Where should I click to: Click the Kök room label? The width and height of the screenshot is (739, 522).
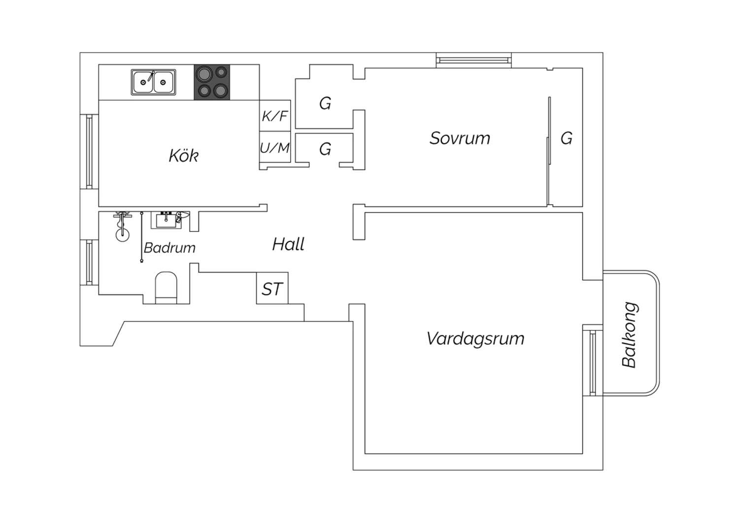pos(183,155)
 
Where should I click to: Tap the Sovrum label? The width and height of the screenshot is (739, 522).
pos(460,138)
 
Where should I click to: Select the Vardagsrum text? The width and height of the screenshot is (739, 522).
pos(475,339)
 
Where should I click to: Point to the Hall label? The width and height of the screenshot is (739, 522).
pos(288,244)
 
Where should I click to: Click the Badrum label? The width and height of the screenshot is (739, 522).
pos(169,248)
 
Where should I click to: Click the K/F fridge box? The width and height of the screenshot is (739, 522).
pos(275,115)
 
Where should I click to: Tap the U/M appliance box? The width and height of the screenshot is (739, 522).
pos(275,147)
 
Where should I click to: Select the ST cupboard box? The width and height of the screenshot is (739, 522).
pos(272,288)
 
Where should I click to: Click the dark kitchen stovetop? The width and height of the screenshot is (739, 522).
pos(212,82)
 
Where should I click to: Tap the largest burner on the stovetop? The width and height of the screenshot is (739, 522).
pos(204,74)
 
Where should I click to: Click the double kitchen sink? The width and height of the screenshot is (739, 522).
pos(153,82)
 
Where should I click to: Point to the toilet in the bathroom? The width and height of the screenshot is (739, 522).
pos(166,288)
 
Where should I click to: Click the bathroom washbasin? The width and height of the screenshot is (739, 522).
pos(166,220)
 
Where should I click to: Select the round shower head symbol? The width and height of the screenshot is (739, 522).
pos(122,235)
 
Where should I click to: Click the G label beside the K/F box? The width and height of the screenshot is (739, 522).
pos(325,103)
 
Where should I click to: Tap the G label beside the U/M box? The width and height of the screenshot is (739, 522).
pos(325,149)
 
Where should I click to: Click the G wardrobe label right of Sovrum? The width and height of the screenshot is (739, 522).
pos(567,138)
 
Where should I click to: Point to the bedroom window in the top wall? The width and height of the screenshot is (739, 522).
pos(474,61)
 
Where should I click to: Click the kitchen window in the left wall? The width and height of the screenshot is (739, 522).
pos(89,152)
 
